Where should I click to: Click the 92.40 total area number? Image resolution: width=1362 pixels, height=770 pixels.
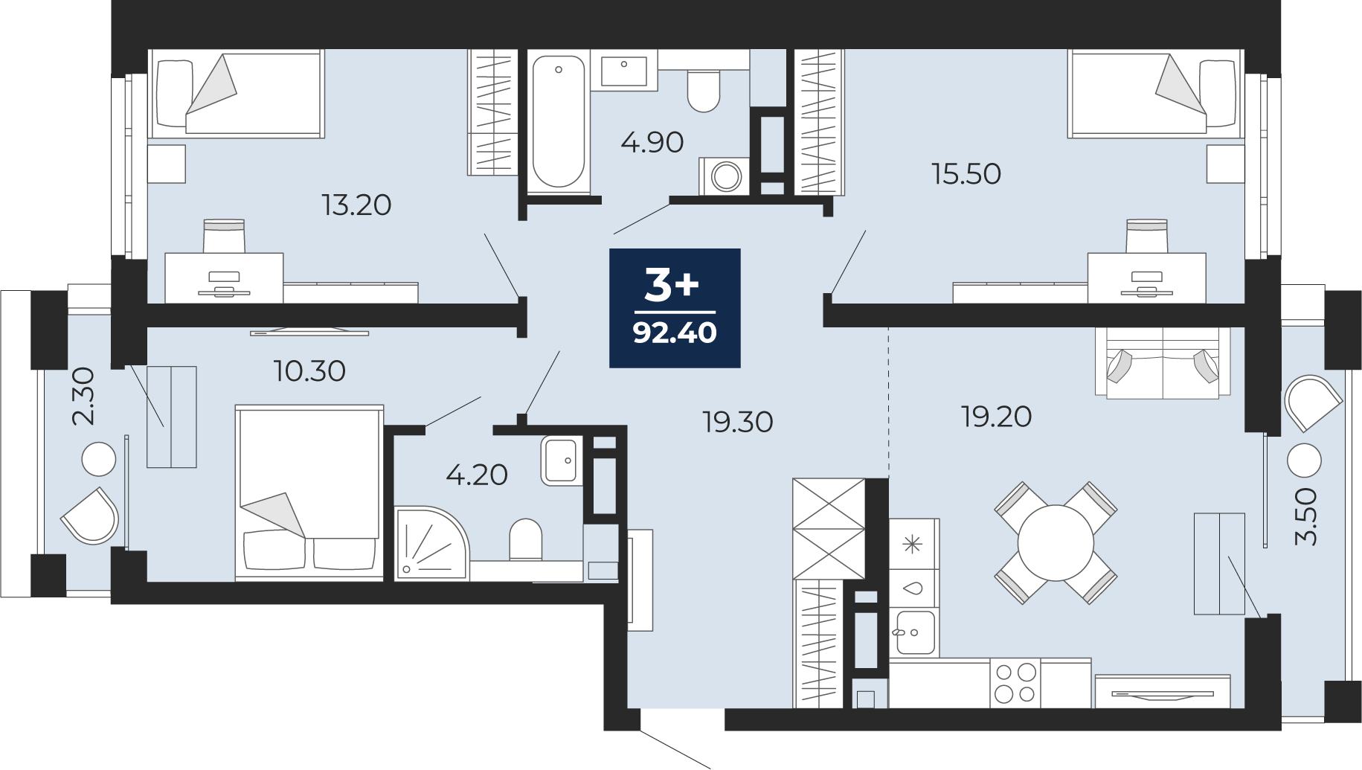[x=675, y=333]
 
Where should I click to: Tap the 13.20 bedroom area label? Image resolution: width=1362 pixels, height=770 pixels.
[x=356, y=205]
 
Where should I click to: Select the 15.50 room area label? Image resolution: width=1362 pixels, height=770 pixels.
[x=966, y=173]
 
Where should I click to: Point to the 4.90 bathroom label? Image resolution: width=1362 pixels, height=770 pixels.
[x=652, y=142]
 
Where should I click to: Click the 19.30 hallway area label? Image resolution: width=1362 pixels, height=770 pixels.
[x=738, y=422]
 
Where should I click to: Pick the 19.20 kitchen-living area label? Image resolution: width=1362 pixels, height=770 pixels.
[x=996, y=417]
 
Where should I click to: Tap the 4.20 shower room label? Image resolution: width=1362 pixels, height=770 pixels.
[x=477, y=475]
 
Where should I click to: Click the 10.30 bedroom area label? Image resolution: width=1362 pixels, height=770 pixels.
[x=309, y=370]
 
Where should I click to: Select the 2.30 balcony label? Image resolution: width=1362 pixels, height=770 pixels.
[x=83, y=396]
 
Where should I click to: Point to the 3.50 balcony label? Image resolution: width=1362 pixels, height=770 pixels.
[x=1306, y=517]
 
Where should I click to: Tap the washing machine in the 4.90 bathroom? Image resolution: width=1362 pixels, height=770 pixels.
[x=724, y=176]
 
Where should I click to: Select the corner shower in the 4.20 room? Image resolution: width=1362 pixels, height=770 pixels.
[x=431, y=543]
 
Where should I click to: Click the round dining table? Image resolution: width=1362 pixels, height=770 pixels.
[x=1056, y=542]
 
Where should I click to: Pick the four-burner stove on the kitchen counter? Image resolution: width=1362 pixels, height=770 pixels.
[x=1015, y=683]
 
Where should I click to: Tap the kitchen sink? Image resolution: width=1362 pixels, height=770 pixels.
[x=915, y=632]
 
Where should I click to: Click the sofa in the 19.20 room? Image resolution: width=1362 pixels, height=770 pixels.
[x=1163, y=362]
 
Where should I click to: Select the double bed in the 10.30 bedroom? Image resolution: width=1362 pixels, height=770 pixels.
[x=309, y=492]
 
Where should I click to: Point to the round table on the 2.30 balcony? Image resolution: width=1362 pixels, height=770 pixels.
[x=99, y=459]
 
